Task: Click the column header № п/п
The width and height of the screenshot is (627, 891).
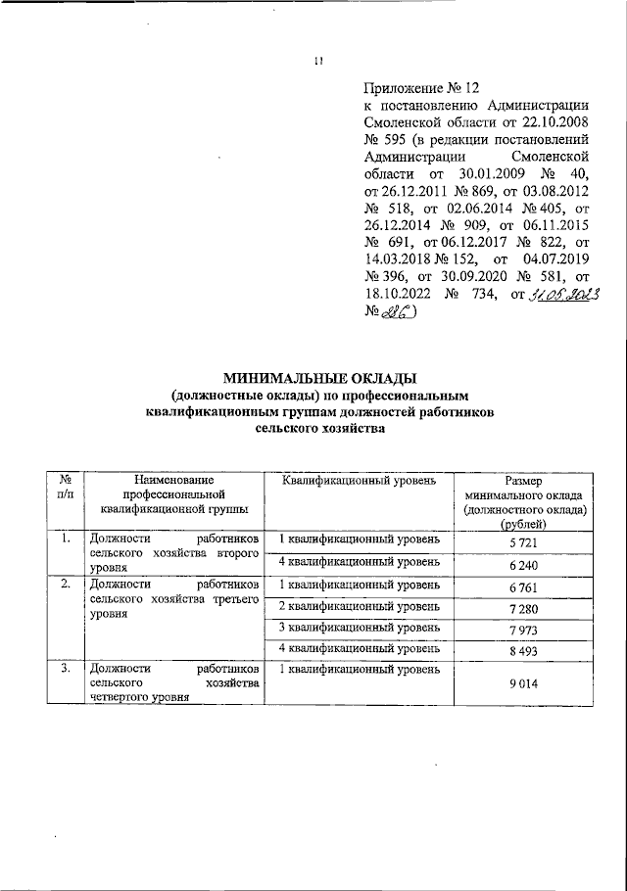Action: pyautogui.click(x=64, y=489)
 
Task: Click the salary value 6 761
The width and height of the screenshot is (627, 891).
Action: pyautogui.click(x=525, y=587)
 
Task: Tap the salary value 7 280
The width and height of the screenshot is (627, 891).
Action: pyautogui.click(x=525, y=611)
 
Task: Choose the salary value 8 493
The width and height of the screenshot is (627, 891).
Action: pyautogui.click(x=525, y=651)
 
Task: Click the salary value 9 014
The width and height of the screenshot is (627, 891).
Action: pyautogui.click(x=525, y=685)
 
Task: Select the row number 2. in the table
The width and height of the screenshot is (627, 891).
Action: pyautogui.click(x=64, y=585)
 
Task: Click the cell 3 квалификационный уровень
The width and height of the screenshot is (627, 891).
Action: pyautogui.click(x=361, y=628)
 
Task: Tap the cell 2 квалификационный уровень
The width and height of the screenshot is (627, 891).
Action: pyautogui.click(x=361, y=607)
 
